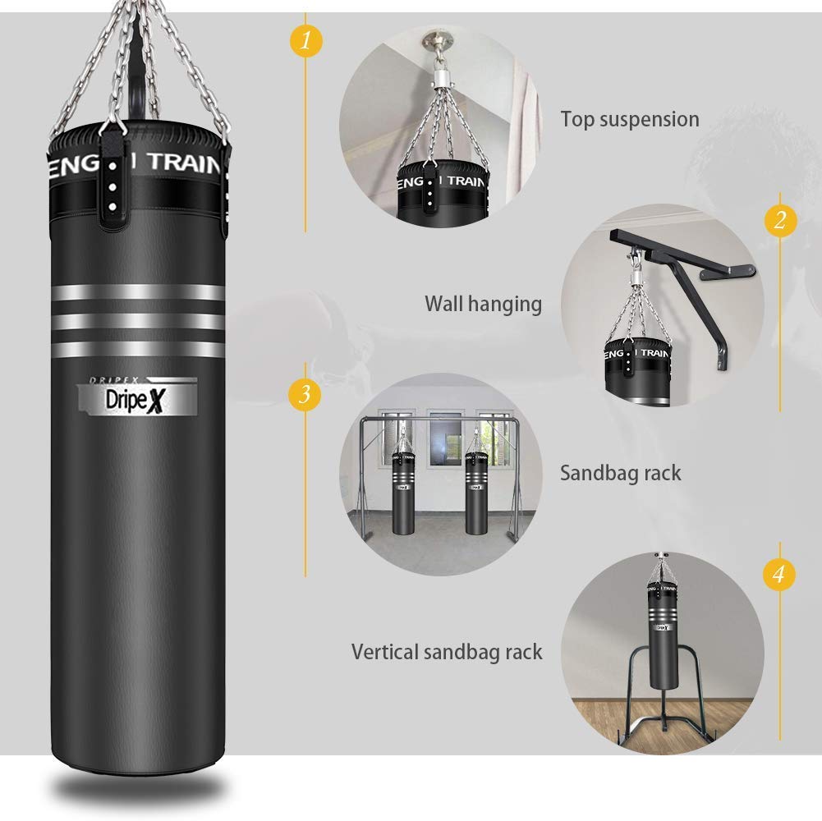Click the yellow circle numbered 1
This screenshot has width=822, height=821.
[305, 39]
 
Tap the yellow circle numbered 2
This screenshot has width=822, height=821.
[779, 220]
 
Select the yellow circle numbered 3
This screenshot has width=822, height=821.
[305, 394]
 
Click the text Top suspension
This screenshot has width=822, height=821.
[630, 119]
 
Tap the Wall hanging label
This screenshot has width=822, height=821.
[483, 304]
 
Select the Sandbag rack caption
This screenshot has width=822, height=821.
[620, 473]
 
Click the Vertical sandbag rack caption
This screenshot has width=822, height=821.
[447, 652]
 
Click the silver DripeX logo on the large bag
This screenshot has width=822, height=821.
[137, 397]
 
